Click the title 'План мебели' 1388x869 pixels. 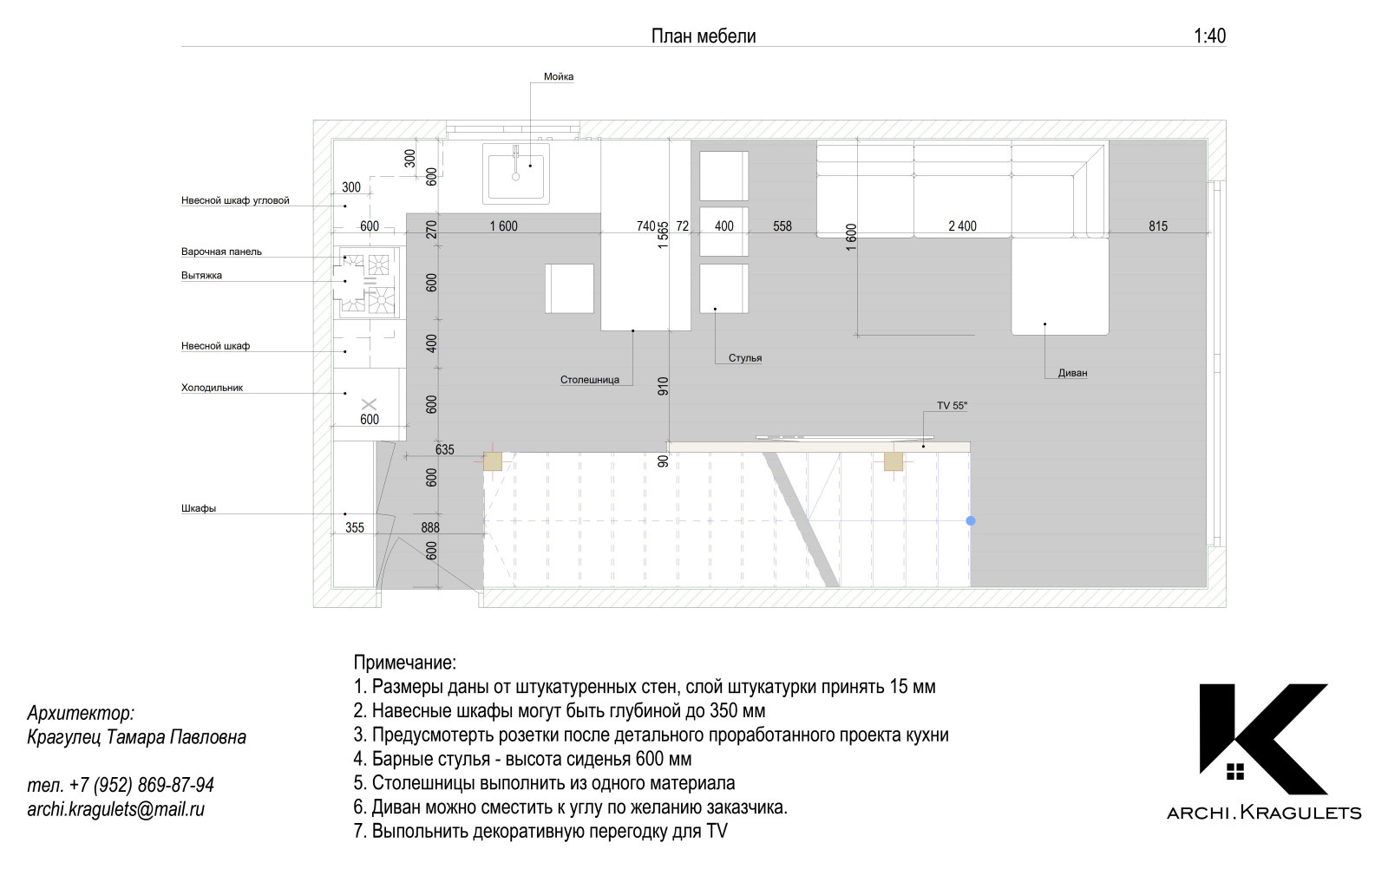pos(704,36)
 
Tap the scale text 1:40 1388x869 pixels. pos(1209,36)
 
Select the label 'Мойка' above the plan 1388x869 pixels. pos(559,77)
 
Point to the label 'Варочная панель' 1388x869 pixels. pos(221,252)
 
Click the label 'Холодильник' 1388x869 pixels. pos(212,388)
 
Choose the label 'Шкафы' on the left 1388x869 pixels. pos(199,508)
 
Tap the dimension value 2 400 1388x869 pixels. pos(962,226)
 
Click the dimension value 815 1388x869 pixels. pos(1157,226)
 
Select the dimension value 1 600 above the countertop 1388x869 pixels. pos(503,226)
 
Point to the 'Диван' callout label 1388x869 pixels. pos(1072,373)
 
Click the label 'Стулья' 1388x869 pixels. pos(745,358)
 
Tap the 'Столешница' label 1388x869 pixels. pos(589,380)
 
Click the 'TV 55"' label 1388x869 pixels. pos(952,406)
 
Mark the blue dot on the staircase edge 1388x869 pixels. pos(971,521)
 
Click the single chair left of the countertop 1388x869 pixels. pos(569,289)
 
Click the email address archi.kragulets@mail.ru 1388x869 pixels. pos(116,809)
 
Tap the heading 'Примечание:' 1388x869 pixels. pos(404,663)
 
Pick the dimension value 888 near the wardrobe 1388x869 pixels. pos(430,527)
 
